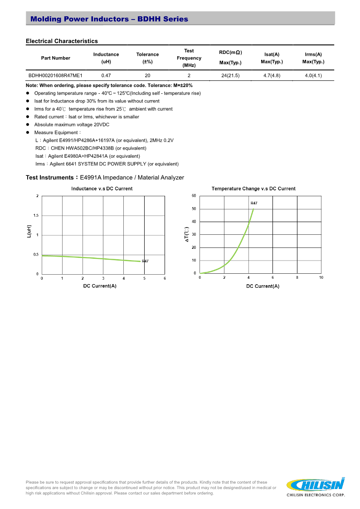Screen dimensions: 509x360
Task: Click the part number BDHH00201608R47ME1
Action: [55, 76]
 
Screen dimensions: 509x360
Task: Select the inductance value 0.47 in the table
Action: [106, 76]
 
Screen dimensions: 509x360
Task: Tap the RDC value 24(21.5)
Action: [230, 76]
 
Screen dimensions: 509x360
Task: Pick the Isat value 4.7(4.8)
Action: [272, 76]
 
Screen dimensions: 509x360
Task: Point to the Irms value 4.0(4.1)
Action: [313, 76]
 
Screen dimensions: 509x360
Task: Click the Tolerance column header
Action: [147, 58]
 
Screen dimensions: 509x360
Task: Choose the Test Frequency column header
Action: [189, 58]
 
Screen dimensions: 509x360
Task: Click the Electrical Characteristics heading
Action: [62, 41]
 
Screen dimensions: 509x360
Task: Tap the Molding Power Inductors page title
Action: [109, 19]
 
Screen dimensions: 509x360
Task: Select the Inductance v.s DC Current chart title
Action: [102, 189]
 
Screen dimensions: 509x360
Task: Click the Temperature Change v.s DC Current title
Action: [253, 189]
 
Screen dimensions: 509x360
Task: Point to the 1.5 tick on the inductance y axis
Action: [36, 216]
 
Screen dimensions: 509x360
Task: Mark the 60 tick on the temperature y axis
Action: [194, 196]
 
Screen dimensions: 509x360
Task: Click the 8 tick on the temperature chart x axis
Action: [297, 277]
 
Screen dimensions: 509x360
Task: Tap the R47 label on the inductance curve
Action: [145, 262]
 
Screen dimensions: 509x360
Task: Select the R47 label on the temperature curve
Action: [254, 204]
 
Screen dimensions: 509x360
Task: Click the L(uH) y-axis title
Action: [29, 232]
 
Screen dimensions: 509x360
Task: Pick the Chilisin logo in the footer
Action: [316, 485]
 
